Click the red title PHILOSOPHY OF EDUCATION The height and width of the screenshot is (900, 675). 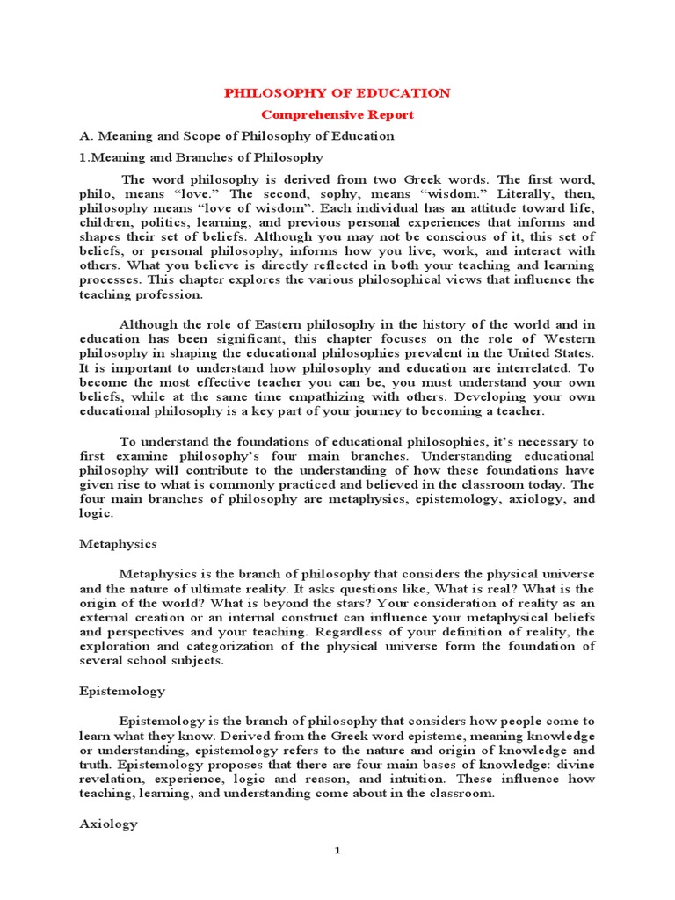coord(337,93)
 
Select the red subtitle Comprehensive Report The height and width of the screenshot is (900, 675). coord(337,114)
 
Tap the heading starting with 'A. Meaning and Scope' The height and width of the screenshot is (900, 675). coord(236,136)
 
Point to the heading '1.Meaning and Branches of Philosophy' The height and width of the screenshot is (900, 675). coord(201,157)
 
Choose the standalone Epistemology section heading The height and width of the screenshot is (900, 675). coord(121,691)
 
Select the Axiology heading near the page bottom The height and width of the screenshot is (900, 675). coord(108,824)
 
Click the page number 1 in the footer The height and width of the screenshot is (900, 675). coord(337,875)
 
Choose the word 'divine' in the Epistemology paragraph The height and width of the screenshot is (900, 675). coord(575,765)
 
